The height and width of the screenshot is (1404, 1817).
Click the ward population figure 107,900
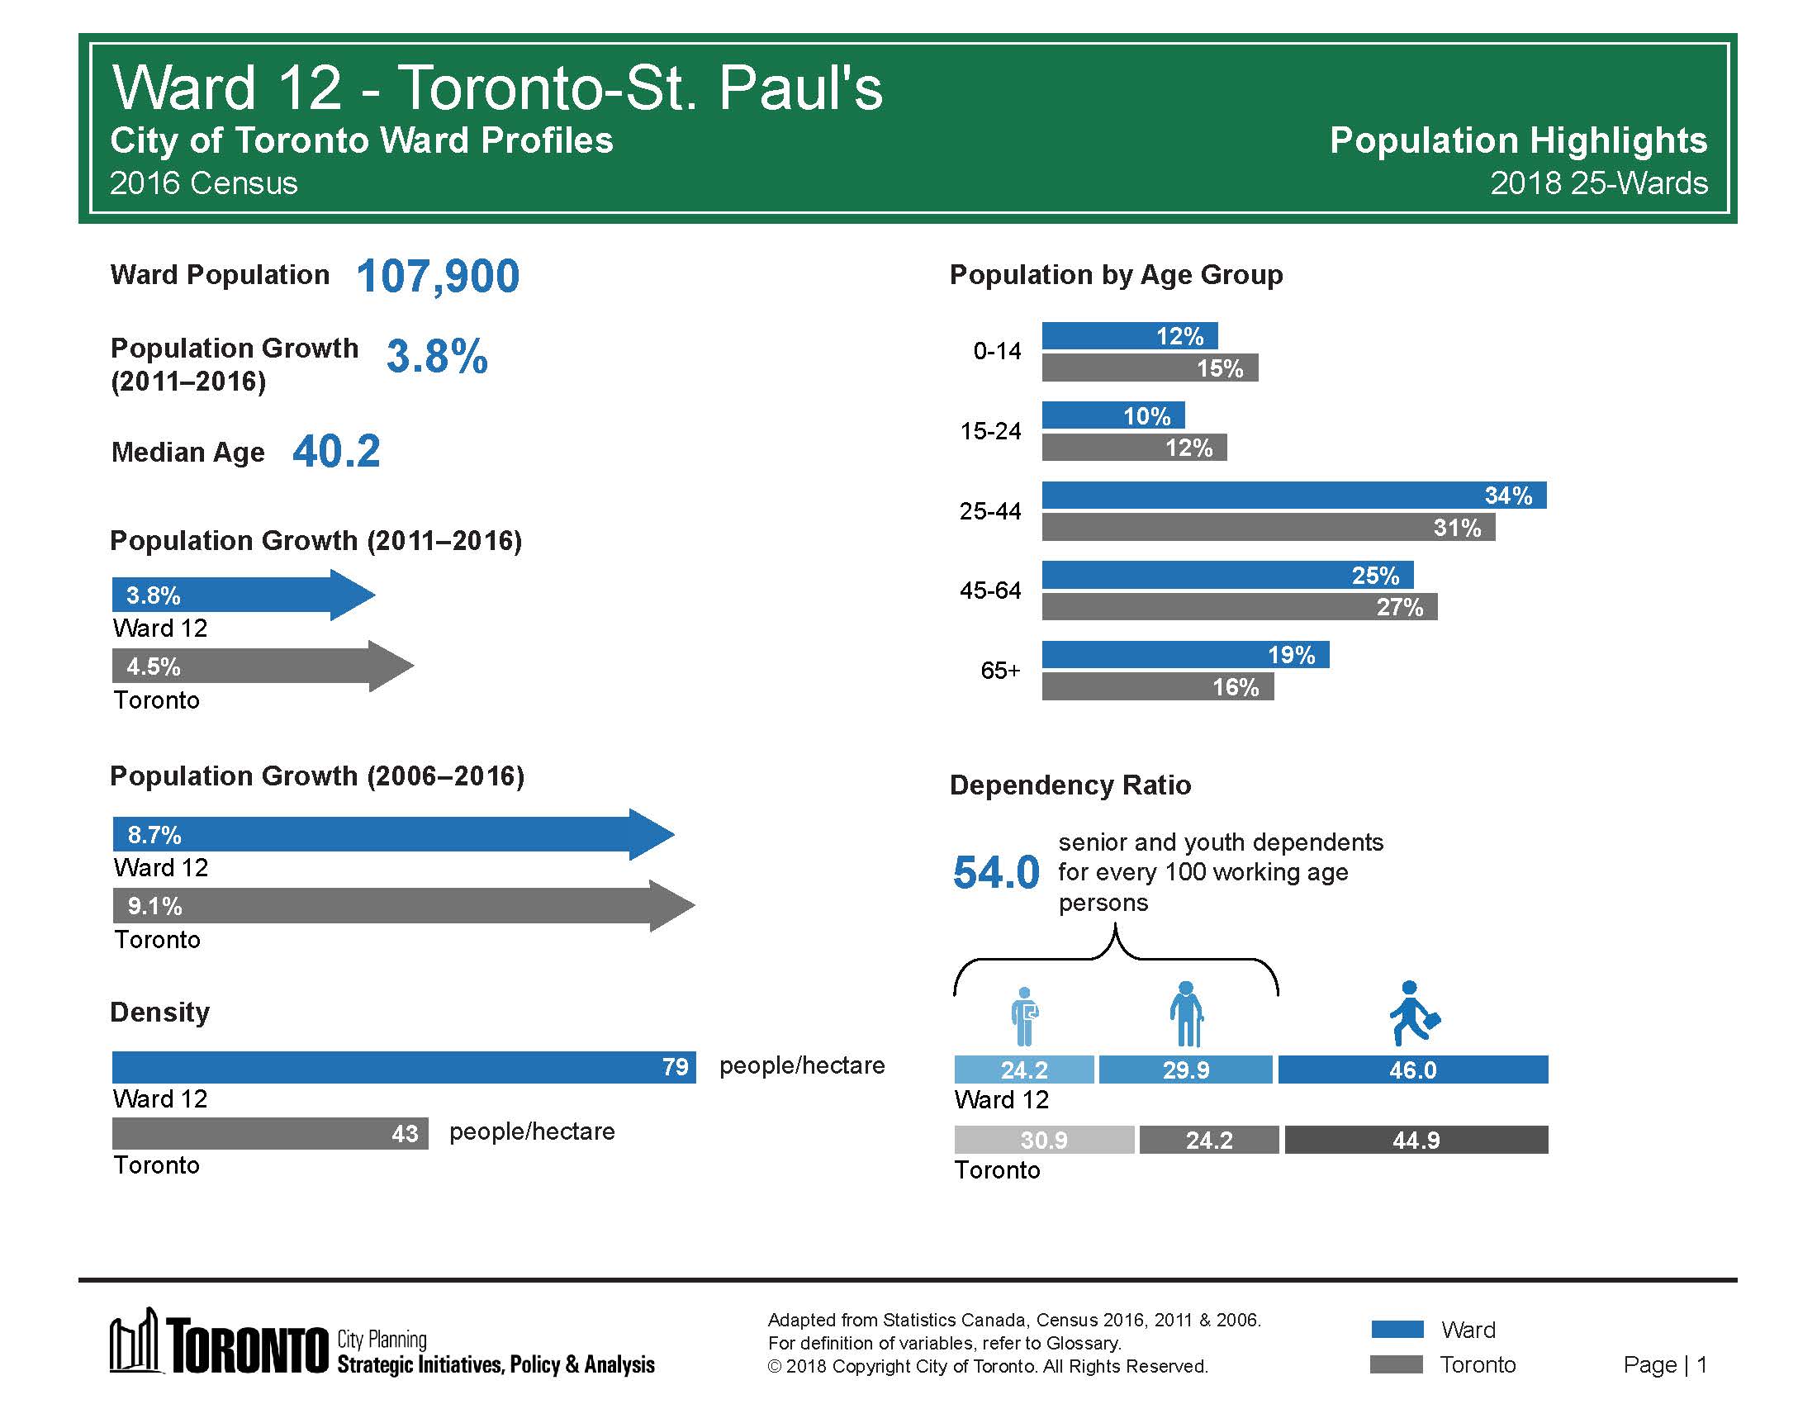pos(438,276)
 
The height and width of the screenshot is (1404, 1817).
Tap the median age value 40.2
pos(336,452)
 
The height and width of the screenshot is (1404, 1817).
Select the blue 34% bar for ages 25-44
pos(1293,496)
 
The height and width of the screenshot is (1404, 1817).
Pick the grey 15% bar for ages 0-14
pos(1149,368)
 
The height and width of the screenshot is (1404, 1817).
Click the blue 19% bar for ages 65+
pos(1184,655)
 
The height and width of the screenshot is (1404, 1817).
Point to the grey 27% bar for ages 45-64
pos(1239,607)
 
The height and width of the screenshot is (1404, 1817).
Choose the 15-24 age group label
pos(990,431)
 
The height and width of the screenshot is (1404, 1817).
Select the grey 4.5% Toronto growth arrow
pos(262,666)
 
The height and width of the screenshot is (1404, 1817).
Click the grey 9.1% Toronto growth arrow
pos(404,906)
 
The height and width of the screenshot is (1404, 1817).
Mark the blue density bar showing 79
pos(404,1067)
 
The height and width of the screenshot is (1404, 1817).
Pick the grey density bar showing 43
pos(269,1133)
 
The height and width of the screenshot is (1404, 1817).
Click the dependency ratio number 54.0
pos(996,872)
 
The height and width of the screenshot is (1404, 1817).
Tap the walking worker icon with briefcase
pos(1413,1013)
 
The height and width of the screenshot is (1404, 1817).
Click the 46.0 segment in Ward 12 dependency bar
pos(1412,1070)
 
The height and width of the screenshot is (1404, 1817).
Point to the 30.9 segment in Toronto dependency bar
pos(1043,1140)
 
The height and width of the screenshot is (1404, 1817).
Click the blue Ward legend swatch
pos(1397,1329)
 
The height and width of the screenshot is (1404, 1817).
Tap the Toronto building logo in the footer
pos(135,1340)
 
